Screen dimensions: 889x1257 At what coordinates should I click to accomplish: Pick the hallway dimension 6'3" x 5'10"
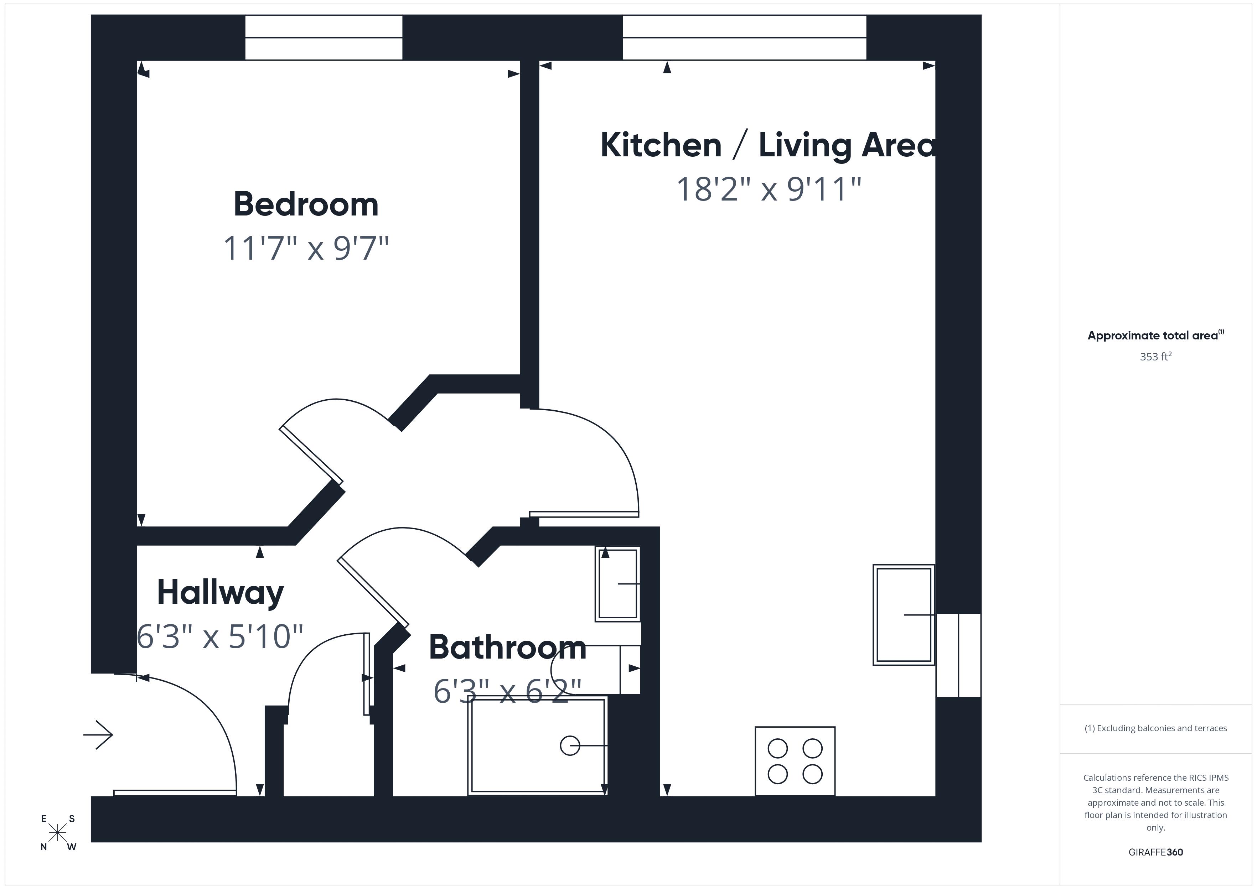[x=220, y=636]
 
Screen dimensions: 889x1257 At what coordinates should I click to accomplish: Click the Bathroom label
[x=507, y=647]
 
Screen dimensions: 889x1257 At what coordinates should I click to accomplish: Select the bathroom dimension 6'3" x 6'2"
[x=507, y=691]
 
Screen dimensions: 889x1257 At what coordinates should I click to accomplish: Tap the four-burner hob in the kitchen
[x=795, y=761]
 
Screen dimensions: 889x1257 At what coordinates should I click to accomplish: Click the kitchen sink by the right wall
[x=903, y=615]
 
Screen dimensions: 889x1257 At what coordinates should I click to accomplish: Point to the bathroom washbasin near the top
[x=617, y=583]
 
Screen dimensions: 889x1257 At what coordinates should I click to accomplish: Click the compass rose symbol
[x=57, y=833]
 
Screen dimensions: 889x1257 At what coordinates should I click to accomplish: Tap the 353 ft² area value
[x=1155, y=357]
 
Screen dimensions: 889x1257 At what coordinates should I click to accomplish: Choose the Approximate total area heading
[x=1155, y=336]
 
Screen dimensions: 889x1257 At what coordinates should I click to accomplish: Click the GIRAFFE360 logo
[x=1155, y=852]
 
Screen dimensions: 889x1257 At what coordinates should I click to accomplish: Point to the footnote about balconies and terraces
[x=1155, y=728]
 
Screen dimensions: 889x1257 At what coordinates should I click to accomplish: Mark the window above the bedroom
[x=324, y=37]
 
